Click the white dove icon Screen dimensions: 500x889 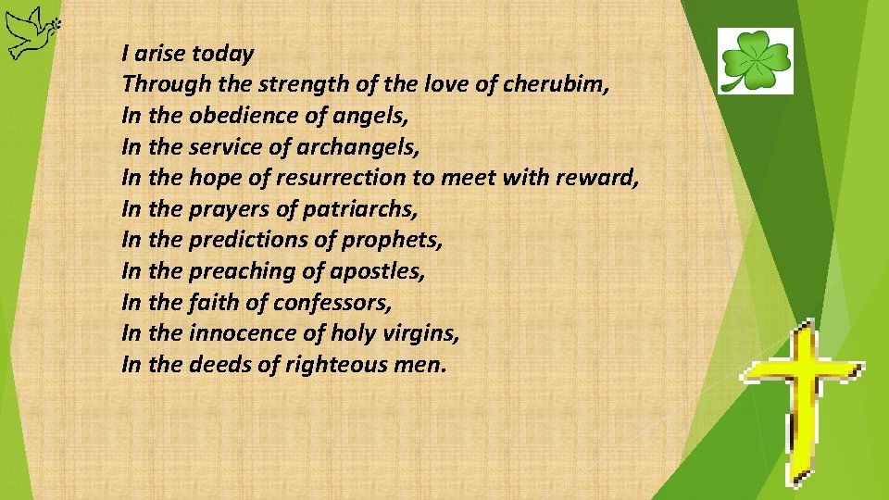29,31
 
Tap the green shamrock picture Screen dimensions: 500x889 756,61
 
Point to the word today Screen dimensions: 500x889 223,54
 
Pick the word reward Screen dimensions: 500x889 597,178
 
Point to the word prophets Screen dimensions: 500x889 392,241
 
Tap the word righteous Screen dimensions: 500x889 335,365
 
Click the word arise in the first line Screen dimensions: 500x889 159,54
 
